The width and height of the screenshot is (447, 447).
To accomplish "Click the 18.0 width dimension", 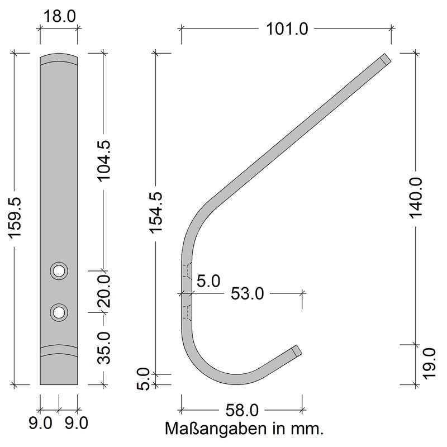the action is [60, 16].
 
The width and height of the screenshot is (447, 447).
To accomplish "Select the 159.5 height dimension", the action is [15, 218].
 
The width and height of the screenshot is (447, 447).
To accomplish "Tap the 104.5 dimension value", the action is [104, 160].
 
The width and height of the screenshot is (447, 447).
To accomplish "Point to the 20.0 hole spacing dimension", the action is [104, 291].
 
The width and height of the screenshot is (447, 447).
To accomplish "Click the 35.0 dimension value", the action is [104, 348].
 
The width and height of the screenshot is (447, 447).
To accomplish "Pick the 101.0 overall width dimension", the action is [287, 29].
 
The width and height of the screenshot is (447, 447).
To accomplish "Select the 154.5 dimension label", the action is [156, 213].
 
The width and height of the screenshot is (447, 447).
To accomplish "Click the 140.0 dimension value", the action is [416, 198].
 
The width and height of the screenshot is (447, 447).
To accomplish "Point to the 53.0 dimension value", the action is [248, 294].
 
